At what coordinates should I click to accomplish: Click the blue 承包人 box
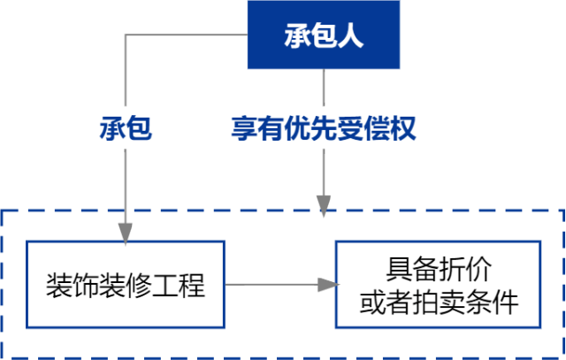coord(323,36)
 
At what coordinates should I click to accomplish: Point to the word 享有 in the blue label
coord(249,129)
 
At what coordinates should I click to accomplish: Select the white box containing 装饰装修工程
coord(125,285)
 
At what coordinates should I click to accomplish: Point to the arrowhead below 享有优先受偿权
coord(324,208)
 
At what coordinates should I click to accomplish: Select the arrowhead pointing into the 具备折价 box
coord(328,285)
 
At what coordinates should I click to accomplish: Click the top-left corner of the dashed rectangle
coord(3,211)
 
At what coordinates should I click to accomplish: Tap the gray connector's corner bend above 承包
coord(125,35)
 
